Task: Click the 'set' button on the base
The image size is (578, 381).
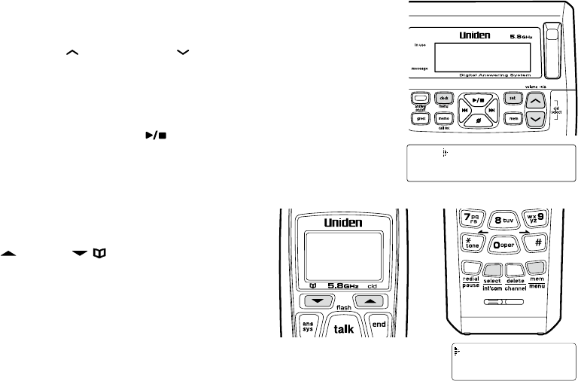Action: coord(513,98)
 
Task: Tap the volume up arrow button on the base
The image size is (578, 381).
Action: coord(534,100)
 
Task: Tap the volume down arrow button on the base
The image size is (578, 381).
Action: coord(534,119)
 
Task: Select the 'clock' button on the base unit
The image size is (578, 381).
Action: coord(444,98)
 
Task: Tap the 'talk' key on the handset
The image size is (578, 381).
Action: coord(343,329)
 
